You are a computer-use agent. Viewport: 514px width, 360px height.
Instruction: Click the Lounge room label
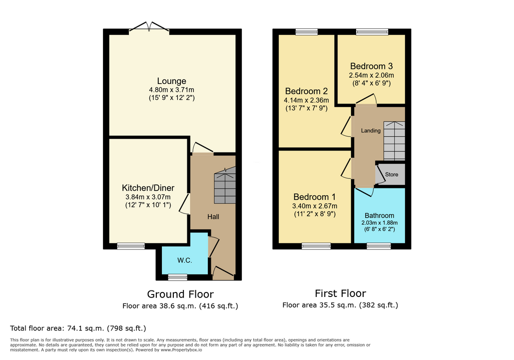[171, 81]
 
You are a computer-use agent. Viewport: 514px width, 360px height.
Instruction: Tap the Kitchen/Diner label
[148, 188]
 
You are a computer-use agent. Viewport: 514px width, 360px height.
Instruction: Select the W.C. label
[184, 260]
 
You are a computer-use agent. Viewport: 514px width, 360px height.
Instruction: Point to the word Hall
[213, 216]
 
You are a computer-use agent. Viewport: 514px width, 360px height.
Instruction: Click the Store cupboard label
[392, 174]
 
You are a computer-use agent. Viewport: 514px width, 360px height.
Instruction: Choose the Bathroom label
[379, 215]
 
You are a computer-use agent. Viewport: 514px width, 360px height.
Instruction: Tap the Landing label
[371, 130]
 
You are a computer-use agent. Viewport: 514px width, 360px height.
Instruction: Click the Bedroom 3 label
[372, 66]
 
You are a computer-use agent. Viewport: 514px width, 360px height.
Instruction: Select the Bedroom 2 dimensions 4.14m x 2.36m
[306, 100]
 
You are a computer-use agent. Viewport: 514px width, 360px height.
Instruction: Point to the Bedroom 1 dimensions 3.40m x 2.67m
[315, 206]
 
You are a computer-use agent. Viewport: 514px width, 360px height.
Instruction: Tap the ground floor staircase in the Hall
[225, 185]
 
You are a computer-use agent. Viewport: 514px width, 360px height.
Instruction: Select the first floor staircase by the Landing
[394, 141]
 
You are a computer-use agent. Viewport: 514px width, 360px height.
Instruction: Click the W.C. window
[178, 277]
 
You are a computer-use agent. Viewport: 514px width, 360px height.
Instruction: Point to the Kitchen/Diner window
[131, 246]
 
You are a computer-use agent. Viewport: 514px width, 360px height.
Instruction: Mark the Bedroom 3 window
[373, 32]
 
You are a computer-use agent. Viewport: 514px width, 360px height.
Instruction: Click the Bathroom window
[379, 246]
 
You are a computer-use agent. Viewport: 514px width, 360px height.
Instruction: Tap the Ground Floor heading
[180, 294]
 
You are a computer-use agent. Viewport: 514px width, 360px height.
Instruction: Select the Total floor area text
[78, 328]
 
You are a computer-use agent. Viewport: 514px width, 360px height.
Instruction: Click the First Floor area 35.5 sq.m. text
[340, 305]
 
